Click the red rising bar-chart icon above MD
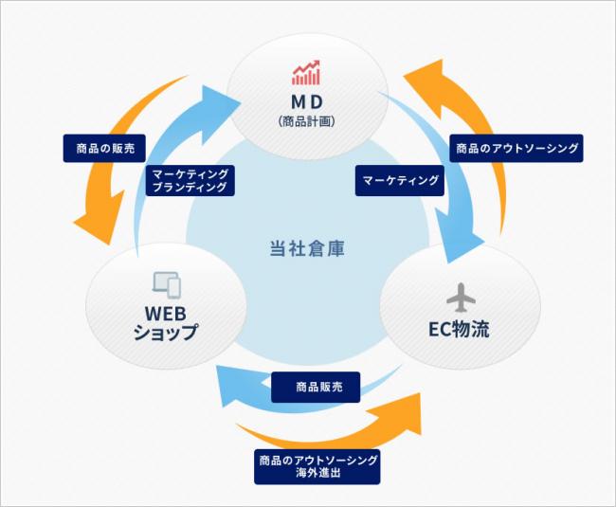pyautogui.click(x=306, y=73)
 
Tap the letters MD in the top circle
pyautogui.click(x=307, y=102)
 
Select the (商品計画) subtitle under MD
pyautogui.click(x=307, y=121)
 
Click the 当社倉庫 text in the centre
pyautogui.click(x=307, y=248)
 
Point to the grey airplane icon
pyautogui.click(x=461, y=298)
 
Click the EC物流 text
pyautogui.click(x=459, y=329)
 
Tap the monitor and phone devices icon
pyautogui.click(x=167, y=285)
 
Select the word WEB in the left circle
pyautogui.click(x=166, y=314)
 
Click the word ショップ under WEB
pyautogui.click(x=166, y=333)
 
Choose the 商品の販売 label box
pyautogui.click(x=104, y=149)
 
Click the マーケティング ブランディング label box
pyautogui.click(x=190, y=181)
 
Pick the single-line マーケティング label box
pyautogui.click(x=400, y=181)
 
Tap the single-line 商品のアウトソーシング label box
pyautogui.click(x=516, y=149)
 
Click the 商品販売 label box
pyautogui.click(x=316, y=388)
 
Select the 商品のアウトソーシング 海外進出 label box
pyautogui.click(x=317, y=467)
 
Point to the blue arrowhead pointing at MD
pyautogui.click(x=218, y=112)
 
